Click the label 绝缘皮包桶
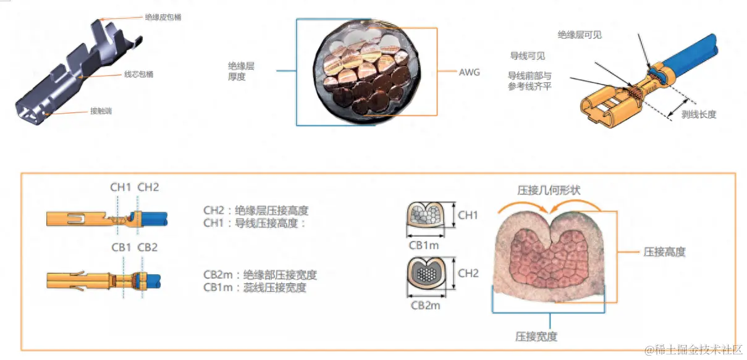[163, 18]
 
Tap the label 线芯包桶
[138, 75]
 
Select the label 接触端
[101, 112]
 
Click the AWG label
[469, 72]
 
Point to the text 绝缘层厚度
[241, 71]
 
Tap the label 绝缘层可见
[579, 35]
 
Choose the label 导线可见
[527, 56]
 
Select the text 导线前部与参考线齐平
[530, 81]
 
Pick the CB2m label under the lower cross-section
[426, 304]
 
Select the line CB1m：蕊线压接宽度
[255, 287]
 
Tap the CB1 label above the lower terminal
[122, 247]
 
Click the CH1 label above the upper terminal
[120, 187]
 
